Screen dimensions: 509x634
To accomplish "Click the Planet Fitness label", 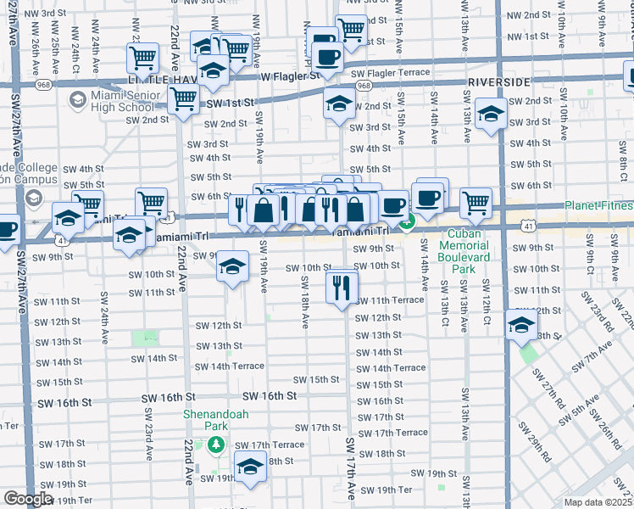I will [599, 206].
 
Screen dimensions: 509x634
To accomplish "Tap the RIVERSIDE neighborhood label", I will [498, 81].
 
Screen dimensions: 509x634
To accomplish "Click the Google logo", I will [28, 499].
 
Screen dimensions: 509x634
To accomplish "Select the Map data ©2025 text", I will [598, 502].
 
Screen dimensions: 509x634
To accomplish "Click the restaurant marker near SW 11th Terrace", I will [341, 286].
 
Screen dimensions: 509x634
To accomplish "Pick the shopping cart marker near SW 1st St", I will [183, 98].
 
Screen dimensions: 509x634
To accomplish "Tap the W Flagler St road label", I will [290, 76].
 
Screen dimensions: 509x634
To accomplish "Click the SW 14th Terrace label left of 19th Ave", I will [229, 366].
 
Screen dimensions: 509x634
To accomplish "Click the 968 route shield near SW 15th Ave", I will [364, 87].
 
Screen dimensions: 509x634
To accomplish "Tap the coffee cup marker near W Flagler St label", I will [327, 58].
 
